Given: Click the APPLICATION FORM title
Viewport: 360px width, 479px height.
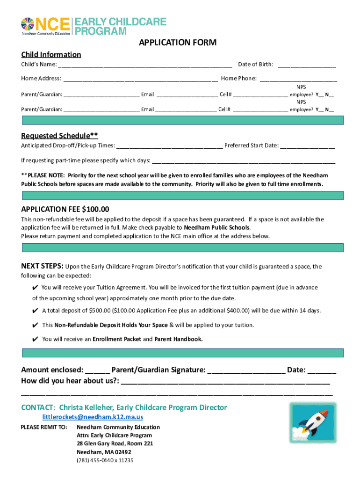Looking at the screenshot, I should coord(177,43).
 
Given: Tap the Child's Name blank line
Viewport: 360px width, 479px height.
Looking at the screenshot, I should coord(145,65).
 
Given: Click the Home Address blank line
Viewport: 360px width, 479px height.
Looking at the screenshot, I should coord(140,79).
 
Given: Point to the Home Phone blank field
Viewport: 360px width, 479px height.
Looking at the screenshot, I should coord(298,79).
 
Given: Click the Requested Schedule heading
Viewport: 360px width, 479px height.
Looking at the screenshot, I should coord(59,136).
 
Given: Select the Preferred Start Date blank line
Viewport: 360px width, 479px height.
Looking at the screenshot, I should coord(308,145).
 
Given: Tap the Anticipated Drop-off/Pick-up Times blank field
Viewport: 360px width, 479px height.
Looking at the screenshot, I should coord(169,145).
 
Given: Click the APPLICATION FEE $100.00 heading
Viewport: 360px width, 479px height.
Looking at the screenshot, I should coord(65,209).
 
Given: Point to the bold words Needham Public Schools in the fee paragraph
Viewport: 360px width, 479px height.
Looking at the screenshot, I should coord(217,228).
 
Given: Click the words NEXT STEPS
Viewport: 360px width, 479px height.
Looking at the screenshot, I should coord(42,267).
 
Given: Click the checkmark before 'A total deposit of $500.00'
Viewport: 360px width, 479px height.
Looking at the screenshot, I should coord(36,311).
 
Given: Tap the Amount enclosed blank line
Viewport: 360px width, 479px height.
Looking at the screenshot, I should coord(98,370).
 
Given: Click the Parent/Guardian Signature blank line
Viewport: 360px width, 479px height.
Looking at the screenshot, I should coord(246,370).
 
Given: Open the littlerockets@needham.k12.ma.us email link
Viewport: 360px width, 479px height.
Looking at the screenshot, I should coord(93,417).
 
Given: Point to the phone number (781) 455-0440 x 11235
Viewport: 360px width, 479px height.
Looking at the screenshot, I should coord(105,460).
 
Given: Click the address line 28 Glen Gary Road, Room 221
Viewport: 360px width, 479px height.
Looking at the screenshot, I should coord(115,443).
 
